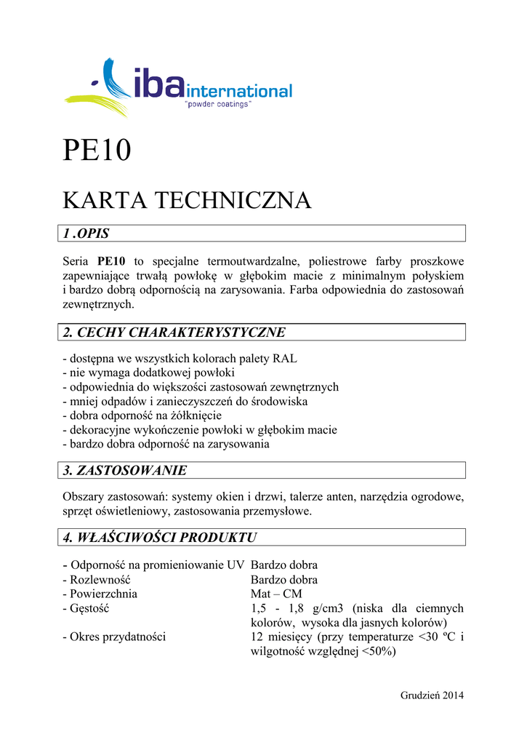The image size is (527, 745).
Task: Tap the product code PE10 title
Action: coord(97,151)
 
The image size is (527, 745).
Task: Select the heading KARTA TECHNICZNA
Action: coord(187,200)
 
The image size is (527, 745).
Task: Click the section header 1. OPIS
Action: coord(87,234)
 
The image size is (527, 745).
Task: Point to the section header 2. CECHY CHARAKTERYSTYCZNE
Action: coord(174,332)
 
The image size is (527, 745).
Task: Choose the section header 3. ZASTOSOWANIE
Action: coord(125,471)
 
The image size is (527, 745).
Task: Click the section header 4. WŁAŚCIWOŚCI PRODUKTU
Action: coord(161,538)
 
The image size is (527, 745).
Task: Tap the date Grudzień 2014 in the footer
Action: coord(432,695)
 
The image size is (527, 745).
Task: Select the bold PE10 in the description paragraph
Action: coord(111,261)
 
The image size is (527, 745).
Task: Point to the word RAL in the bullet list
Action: coord(285,359)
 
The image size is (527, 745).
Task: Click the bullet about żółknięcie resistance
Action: coord(142,415)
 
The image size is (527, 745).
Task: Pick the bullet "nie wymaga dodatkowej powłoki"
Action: coord(149,372)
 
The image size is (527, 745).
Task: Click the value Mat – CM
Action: coord(275,594)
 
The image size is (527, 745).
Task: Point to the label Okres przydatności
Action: coord(115,637)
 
